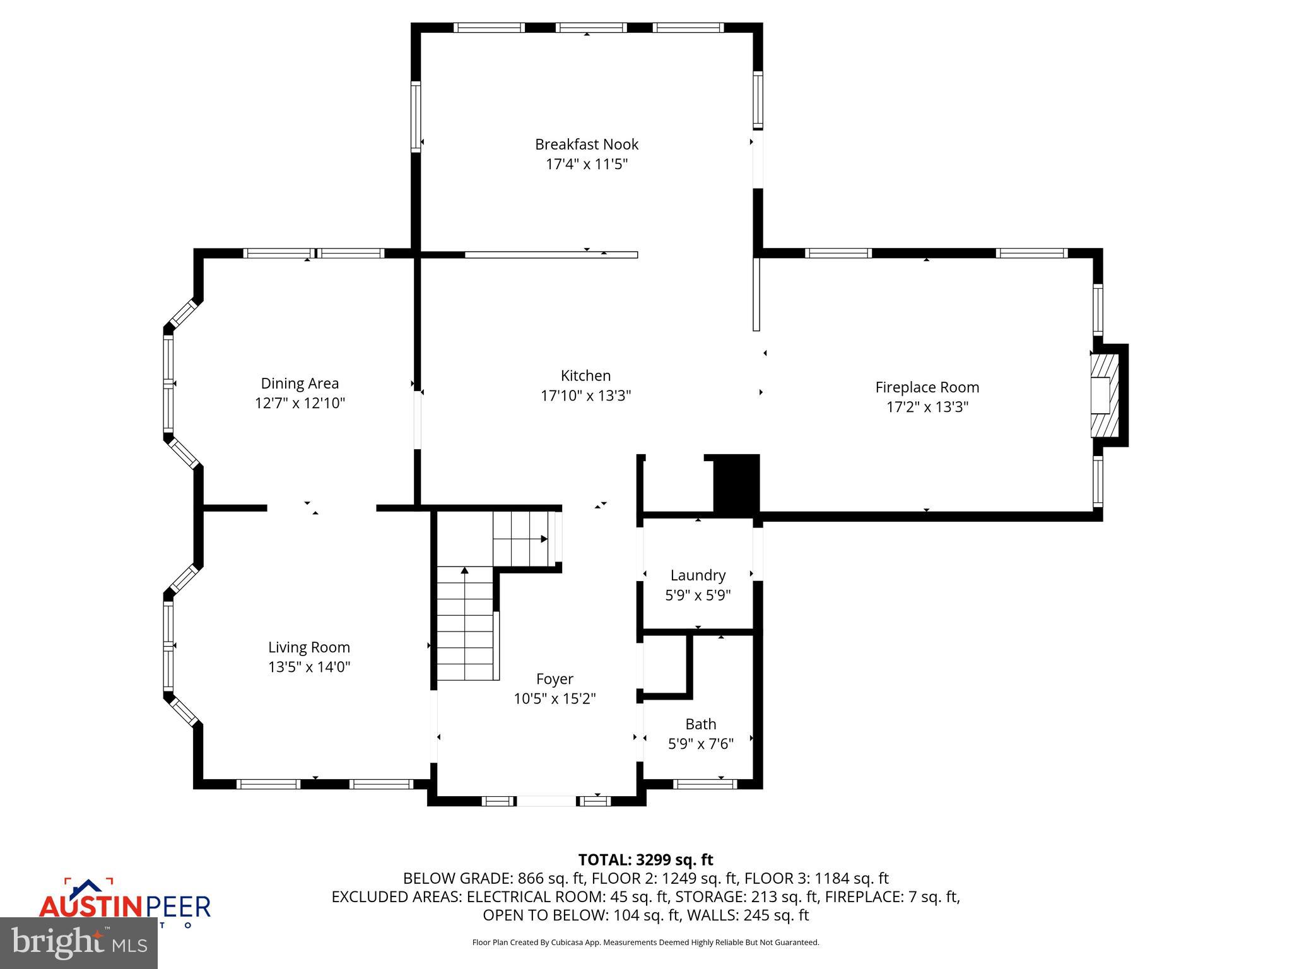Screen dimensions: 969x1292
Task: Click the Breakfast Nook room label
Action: [x=587, y=144]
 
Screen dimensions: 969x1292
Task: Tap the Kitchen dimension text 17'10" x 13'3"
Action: [x=585, y=396]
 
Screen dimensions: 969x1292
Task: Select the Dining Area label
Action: [x=300, y=383]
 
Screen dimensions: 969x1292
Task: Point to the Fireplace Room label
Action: [x=927, y=387]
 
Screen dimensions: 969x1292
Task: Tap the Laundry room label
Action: [x=698, y=575]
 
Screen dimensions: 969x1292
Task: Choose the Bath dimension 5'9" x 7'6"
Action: [x=700, y=744]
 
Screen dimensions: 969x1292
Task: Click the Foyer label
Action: [x=555, y=679]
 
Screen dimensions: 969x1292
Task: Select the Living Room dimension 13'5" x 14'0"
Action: [x=309, y=667]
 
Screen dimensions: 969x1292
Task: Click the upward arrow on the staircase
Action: [x=465, y=572]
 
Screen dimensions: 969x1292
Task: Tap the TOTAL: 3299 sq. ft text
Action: [x=645, y=860]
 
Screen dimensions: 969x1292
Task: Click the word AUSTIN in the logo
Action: [x=91, y=907]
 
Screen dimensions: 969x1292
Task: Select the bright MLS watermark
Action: [x=79, y=943]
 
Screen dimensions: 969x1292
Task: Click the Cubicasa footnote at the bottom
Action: [x=645, y=943]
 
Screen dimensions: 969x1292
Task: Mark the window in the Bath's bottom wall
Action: [x=705, y=784]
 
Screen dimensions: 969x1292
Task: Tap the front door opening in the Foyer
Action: [x=546, y=801]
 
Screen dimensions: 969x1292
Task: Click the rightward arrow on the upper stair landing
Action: [x=543, y=539]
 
